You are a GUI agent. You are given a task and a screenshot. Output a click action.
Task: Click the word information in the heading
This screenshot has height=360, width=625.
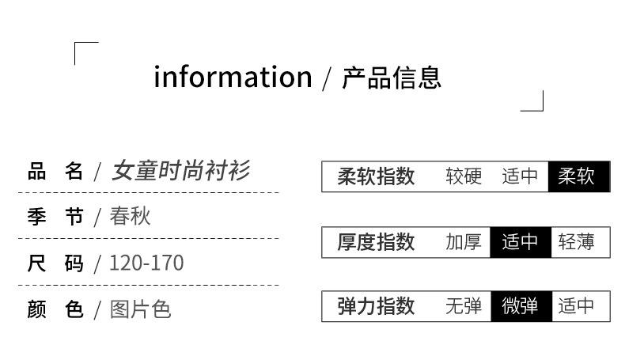[233, 78]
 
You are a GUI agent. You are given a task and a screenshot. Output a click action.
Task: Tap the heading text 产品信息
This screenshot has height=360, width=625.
[392, 78]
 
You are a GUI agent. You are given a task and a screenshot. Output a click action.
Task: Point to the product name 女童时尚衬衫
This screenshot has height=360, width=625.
[182, 170]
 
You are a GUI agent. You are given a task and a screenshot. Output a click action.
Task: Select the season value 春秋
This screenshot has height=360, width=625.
[131, 216]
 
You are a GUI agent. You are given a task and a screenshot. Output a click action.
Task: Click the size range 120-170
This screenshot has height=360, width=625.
[146, 263]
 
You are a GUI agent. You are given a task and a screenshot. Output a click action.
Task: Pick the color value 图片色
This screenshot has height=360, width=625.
[141, 309]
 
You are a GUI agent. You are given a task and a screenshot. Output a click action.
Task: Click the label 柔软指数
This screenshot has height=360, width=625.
[376, 176]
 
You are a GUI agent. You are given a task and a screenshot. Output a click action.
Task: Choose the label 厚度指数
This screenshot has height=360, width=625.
[376, 241]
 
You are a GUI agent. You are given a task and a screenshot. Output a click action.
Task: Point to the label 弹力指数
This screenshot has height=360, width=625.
[376, 306]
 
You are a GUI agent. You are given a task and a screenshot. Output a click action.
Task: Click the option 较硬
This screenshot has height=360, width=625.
[464, 176]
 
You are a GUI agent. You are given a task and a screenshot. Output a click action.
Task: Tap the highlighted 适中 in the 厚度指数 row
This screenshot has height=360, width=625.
[520, 241]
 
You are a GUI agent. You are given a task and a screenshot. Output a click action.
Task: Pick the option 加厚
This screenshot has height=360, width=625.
[464, 241]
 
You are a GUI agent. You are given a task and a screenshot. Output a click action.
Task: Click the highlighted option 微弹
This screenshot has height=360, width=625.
[520, 306]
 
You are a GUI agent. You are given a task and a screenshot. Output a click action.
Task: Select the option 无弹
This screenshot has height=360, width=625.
[464, 306]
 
